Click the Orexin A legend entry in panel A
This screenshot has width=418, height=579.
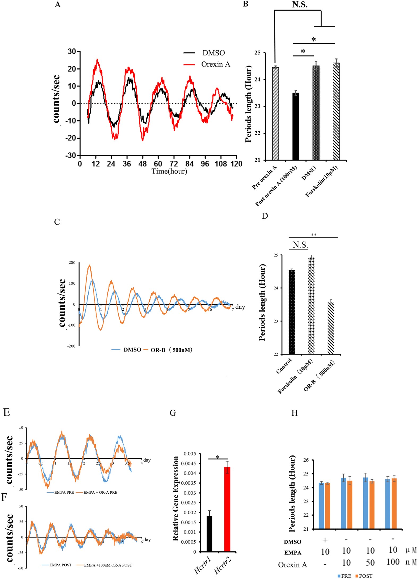pos(216,64)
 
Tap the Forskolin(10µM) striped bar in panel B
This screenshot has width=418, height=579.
pos(336,111)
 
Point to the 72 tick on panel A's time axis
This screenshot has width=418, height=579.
pos(174,164)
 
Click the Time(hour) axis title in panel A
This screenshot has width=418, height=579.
pos(169,171)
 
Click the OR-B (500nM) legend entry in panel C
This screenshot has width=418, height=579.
pos(171,350)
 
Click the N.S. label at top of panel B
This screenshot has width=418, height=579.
pos(300,5)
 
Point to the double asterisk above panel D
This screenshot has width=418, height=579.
pos(313,235)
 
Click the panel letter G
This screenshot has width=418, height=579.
pos(173,413)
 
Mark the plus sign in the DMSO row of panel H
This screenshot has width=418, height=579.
pos(325,540)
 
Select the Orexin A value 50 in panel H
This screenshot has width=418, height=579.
pos(370,563)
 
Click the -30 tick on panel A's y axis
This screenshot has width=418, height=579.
pos(71,155)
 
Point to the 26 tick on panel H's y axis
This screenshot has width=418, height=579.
pos(306,460)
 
